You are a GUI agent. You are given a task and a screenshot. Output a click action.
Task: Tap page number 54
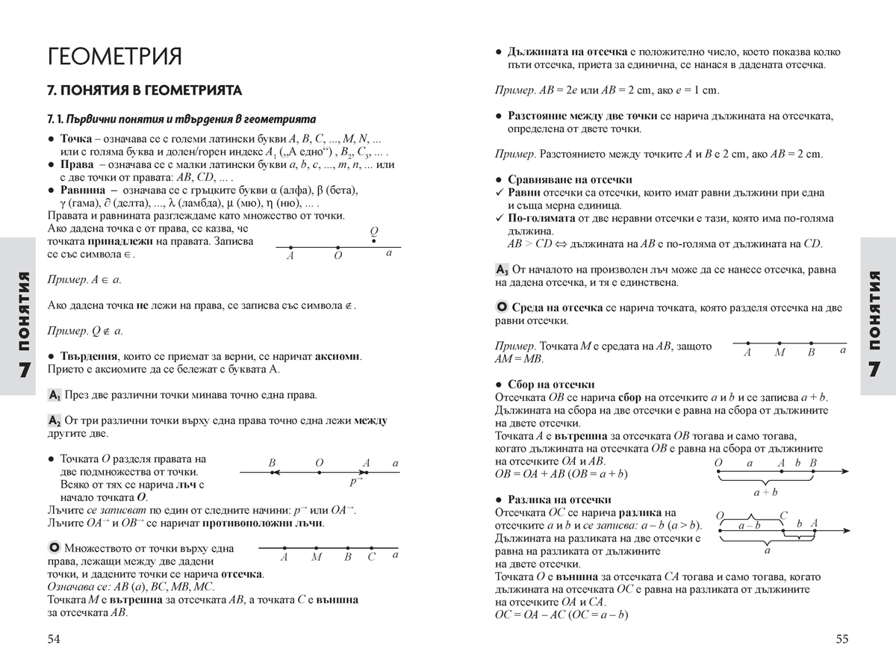pos(53,638)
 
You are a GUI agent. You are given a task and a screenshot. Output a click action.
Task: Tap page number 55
pos(842,638)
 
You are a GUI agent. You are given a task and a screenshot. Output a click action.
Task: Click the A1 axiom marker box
pos(54,394)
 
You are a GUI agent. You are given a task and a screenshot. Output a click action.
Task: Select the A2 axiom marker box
pos(54,421)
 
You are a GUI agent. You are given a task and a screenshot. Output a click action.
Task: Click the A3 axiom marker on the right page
pos(502,270)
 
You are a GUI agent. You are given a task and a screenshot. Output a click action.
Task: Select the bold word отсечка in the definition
pos(240,575)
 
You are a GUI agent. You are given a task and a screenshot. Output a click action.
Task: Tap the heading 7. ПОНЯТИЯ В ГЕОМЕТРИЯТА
pos(144,91)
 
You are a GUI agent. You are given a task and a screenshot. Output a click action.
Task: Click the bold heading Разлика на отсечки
pos(559,500)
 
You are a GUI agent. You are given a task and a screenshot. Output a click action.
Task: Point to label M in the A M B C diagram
pos(316,556)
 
